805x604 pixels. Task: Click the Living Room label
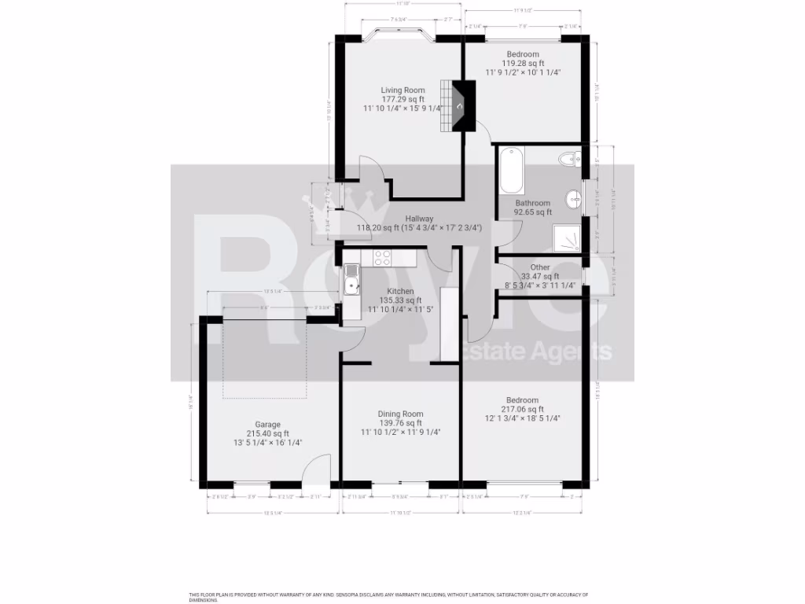click(402, 90)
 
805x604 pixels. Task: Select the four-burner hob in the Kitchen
click(383, 257)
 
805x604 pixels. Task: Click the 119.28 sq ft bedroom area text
click(523, 63)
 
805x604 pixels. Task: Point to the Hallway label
click(419, 219)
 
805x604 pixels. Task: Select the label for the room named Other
click(540, 267)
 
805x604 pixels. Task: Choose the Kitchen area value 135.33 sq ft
click(400, 300)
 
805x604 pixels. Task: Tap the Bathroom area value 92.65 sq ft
click(532, 212)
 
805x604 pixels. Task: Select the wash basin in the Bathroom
click(575, 197)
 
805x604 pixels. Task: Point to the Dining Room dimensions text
click(400, 433)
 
